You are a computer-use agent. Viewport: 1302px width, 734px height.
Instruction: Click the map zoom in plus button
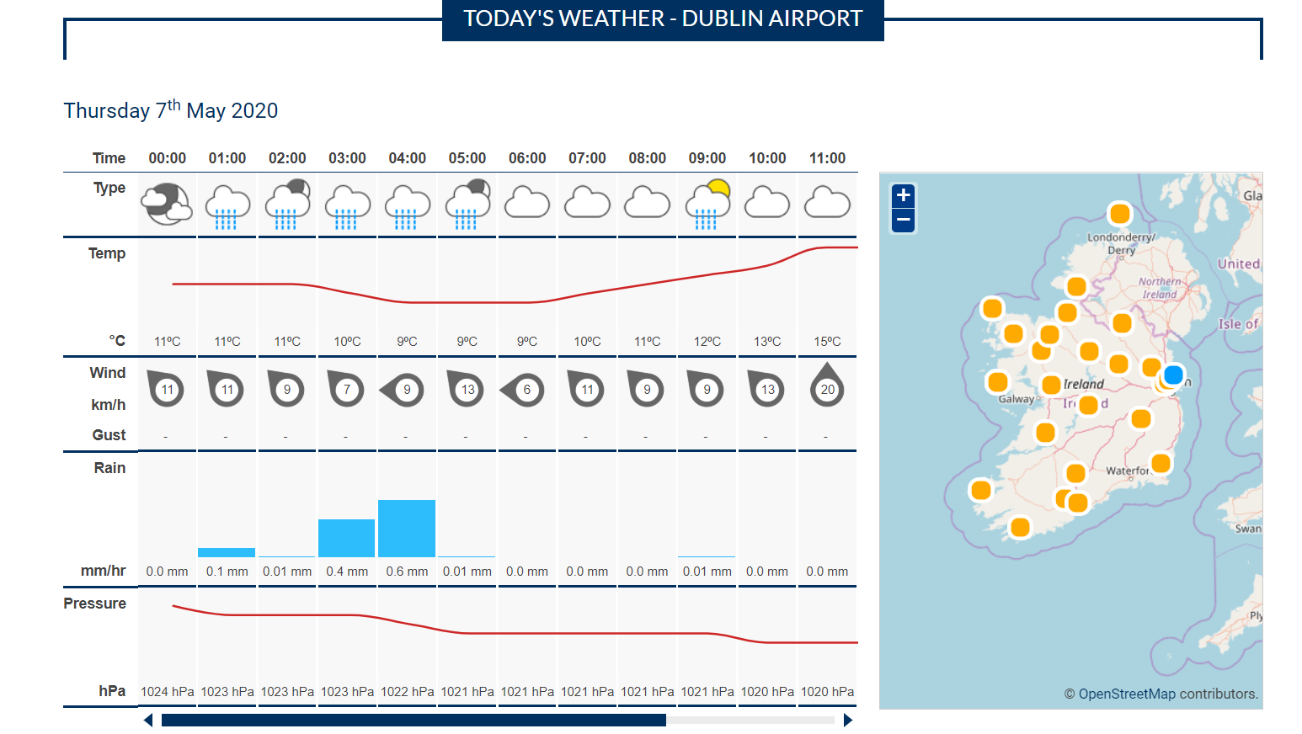click(x=903, y=195)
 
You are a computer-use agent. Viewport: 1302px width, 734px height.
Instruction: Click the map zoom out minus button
click(x=903, y=221)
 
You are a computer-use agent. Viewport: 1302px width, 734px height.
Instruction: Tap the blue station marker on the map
click(x=1173, y=375)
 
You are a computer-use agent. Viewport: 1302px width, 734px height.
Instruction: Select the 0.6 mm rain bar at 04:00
click(x=407, y=529)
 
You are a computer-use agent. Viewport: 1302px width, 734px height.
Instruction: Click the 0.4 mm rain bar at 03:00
click(x=346, y=538)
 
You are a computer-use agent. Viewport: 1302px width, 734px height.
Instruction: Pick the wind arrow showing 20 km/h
click(x=827, y=387)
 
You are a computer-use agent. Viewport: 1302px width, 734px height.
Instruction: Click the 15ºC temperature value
click(x=827, y=341)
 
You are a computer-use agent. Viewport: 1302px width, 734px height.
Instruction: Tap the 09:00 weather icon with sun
click(x=707, y=205)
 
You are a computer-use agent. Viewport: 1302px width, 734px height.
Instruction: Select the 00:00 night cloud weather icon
click(x=167, y=205)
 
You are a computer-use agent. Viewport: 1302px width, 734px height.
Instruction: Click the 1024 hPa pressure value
click(x=167, y=691)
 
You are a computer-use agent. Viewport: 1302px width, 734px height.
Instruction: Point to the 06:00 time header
click(x=527, y=158)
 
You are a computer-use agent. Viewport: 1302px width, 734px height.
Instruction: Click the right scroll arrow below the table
click(x=848, y=720)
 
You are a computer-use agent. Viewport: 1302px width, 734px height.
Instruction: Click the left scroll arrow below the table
click(x=148, y=720)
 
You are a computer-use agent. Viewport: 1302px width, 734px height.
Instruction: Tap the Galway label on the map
click(x=1016, y=399)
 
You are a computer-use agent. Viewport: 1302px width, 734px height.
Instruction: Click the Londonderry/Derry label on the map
click(x=1121, y=243)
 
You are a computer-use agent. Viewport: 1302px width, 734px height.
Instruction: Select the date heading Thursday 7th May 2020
click(x=171, y=110)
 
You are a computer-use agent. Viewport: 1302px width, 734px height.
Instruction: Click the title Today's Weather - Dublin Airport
click(x=663, y=19)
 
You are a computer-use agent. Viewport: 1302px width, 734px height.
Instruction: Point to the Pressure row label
click(x=94, y=604)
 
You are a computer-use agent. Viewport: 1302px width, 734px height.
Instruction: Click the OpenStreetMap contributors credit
click(x=1161, y=694)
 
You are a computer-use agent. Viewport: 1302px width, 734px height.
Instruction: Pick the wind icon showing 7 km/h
click(x=346, y=389)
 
